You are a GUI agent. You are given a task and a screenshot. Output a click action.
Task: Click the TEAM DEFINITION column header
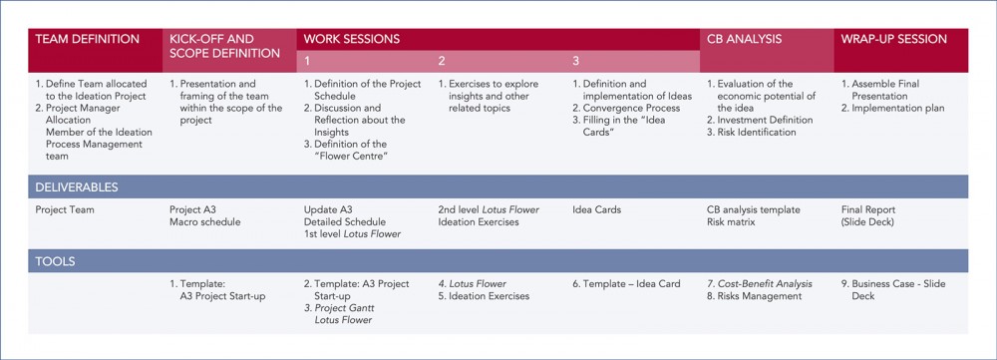[x=88, y=39]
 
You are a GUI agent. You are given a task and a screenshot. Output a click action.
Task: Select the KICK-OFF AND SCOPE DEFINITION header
[x=224, y=46]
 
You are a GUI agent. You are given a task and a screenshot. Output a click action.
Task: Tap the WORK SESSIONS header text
[x=352, y=39]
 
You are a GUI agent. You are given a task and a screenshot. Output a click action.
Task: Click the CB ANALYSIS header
[x=744, y=39]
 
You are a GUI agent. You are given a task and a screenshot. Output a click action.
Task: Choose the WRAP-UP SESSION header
[x=893, y=39]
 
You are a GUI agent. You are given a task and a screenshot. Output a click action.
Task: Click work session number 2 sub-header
[x=442, y=61]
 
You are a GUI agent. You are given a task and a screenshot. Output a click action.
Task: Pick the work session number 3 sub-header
[x=576, y=61]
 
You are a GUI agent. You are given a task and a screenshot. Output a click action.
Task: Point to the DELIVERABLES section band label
[x=77, y=186]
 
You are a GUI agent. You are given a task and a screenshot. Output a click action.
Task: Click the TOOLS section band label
[x=57, y=261]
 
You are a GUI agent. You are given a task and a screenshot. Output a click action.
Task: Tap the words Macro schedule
[x=204, y=221]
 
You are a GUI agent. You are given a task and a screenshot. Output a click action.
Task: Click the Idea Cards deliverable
[x=596, y=210]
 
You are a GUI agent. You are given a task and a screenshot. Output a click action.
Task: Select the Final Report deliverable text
[x=867, y=210]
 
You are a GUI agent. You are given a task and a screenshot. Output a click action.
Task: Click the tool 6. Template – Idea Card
[x=626, y=284]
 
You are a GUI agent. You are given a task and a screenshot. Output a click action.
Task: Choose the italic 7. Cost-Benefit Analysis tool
[x=759, y=284]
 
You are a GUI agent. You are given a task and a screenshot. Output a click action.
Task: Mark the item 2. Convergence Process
[x=626, y=108]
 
